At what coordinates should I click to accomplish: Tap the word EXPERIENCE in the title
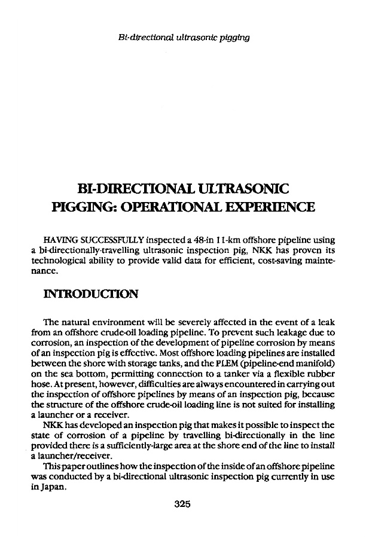point(263,209)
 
